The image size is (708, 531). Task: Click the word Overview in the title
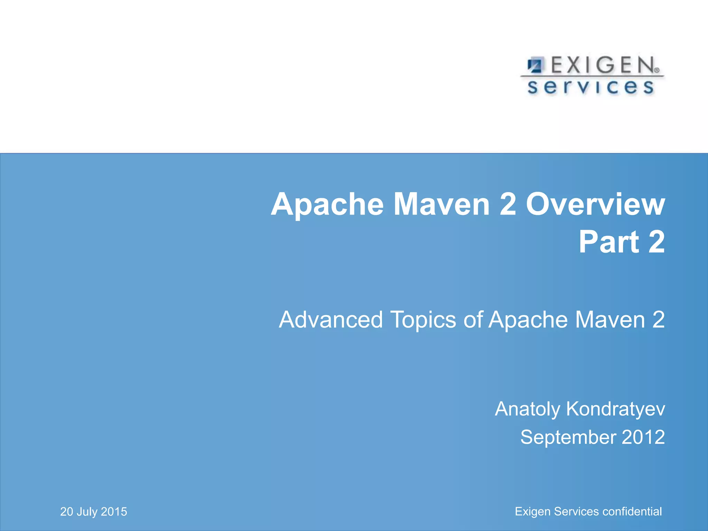point(595,205)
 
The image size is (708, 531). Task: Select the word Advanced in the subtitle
point(331,319)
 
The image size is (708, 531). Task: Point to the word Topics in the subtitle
point(423,320)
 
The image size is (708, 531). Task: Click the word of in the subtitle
point(473,319)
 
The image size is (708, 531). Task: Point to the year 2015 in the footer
point(114,512)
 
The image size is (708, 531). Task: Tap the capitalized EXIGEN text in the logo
point(602,65)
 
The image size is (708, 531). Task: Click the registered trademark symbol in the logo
point(656,70)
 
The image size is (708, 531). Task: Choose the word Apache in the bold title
point(327,205)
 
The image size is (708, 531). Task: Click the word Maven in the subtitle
point(610,319)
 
